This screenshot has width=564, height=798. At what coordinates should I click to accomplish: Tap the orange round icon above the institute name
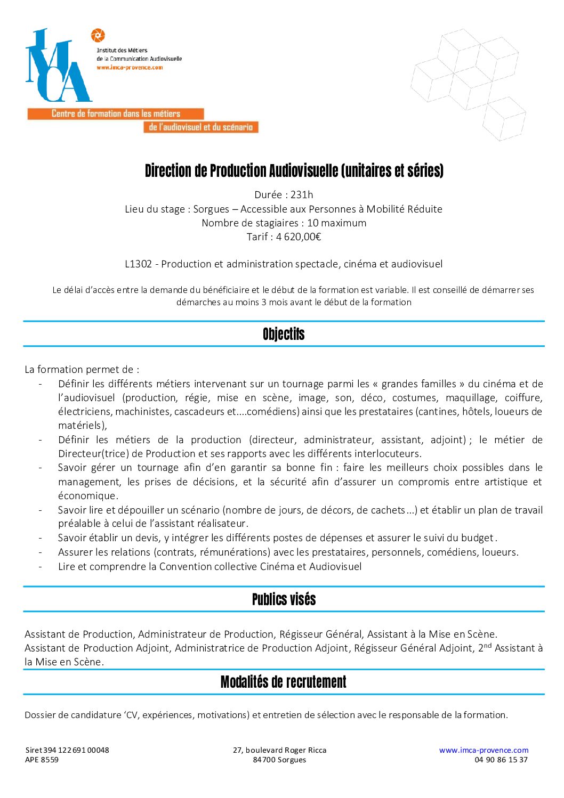click(x=98, y=36)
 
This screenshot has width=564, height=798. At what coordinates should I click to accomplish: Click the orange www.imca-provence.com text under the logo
click(x=130, y=68)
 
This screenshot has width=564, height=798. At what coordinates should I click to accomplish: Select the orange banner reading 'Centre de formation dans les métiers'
click(x=116, y=113)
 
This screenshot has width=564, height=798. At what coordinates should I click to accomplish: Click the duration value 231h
click(x=302, y=194)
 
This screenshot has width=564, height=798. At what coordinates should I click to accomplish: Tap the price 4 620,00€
click(x=299, y=237)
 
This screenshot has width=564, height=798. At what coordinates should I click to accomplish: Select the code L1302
click(x=138, y=264)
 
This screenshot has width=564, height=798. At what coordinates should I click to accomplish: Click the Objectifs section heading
click(x=284, y=334)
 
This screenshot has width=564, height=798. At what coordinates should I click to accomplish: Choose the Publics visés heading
click(x=284, y=599)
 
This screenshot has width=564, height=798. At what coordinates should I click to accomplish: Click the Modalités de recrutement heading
click(x=284, y=682)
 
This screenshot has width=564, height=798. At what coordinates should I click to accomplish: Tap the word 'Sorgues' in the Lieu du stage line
click(x=211, y=209)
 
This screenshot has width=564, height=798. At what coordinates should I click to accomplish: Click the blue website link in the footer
click(x=484, y=750)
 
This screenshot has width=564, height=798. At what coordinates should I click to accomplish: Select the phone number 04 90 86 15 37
click(x=501, y=760)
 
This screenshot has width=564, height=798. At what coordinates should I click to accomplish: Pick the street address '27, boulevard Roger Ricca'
click(x=279, y=750)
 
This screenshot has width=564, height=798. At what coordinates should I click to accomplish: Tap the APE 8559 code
click(x=42, y=760)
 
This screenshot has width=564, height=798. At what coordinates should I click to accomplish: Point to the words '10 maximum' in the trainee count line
click(x=336, y=223)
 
